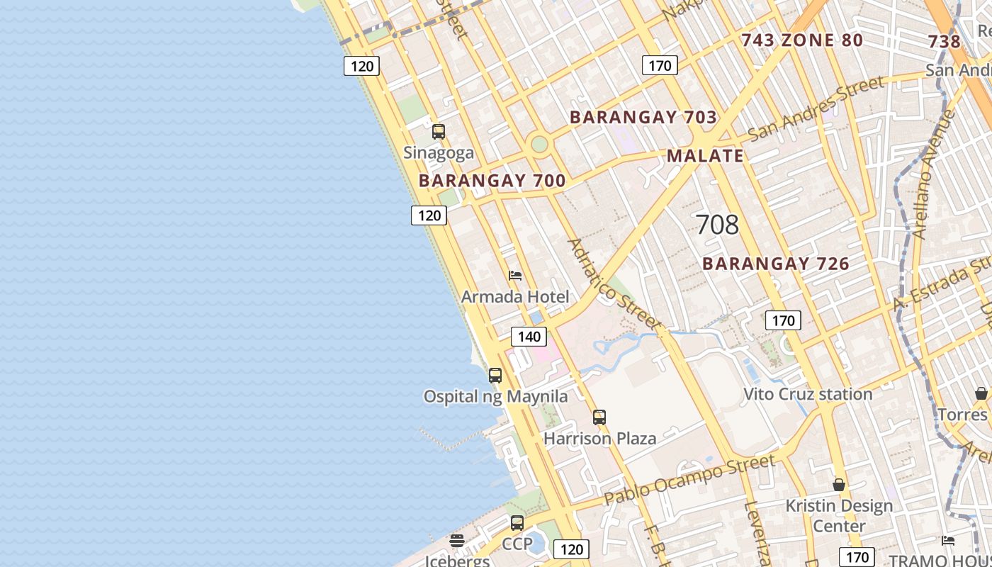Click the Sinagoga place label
click(x=439, y=152)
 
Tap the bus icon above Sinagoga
click(x=439, y=131)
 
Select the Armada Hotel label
click(x=515, y=296)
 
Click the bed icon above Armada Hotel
click(x=515, y=275)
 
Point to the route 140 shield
click(x=529, y=337)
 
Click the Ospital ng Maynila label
click(x=495, y=396)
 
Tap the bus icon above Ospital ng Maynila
click(x=495, y=375)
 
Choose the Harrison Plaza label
click(x=599, y=438)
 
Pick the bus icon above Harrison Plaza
click(x=599, y=417)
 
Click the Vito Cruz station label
click(x=808, y=394)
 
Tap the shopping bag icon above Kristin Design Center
click(x=839, y=485)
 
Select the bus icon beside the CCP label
click(x=517, y=523)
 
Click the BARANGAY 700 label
click(x=492, y=181)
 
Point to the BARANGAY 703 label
click(x=643, y=117)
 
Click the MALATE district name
click(x=705, y=156)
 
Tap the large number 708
click(x=717, y=225)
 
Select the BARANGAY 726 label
click(x=776, y=264)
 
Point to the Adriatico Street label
click(x=614, y=283)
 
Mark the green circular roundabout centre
click(x=539, y=145)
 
